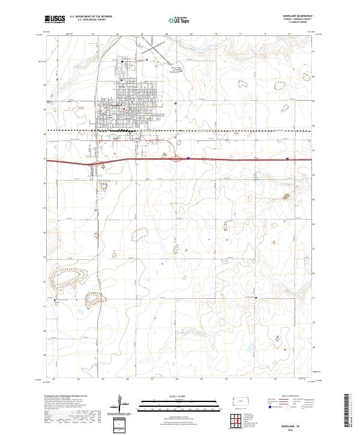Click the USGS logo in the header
(x=55, y=19)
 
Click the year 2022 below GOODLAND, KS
(x=305, y=422)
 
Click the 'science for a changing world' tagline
(x=55, y=24)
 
